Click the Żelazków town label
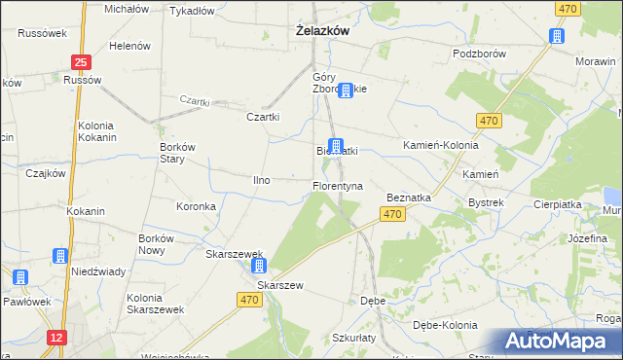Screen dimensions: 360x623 [322, 31]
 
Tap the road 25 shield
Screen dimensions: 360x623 [81, 61]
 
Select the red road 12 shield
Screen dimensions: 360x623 [56, 337]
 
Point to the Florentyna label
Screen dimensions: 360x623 [337, 185]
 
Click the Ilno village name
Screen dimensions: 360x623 [261, 180]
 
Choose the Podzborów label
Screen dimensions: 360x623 [479, 54]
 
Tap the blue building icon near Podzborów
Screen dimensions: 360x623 [556, 37]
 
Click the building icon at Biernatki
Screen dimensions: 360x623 [336, 147]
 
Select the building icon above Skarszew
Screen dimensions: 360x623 [258, 265]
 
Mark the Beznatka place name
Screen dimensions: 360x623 [409, 197]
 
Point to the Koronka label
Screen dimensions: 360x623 [195, 206]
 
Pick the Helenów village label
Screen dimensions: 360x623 [129, 46]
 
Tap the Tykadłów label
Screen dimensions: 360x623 [192, 12]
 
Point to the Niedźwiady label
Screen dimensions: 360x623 [97, 271]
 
